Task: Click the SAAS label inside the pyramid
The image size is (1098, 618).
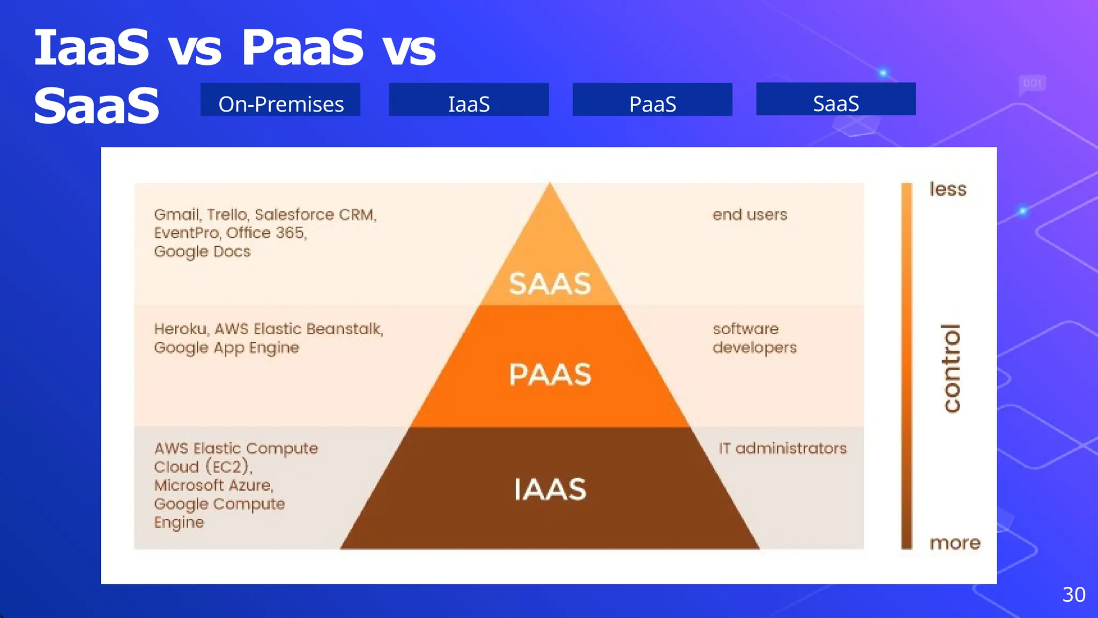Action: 550,284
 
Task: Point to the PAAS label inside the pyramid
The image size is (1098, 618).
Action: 550,374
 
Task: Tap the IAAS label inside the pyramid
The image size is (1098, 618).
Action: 550,489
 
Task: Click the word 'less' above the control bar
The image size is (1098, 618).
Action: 948,189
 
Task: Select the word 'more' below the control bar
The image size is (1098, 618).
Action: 955,543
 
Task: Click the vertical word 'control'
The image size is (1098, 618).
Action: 952,369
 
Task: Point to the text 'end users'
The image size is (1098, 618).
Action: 750,215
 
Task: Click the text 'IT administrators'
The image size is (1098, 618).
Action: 782,448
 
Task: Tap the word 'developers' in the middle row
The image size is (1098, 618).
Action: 754,348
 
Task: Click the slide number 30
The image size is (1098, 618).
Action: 1073,594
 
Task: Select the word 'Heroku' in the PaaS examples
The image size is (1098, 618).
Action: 180,329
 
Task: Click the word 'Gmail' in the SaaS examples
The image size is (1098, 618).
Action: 177,215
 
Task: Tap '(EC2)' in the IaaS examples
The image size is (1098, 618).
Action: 229,466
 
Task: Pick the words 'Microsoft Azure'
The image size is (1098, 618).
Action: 213,485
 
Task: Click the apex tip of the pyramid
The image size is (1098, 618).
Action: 550,185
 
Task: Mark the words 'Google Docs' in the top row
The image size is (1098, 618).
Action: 202,252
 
